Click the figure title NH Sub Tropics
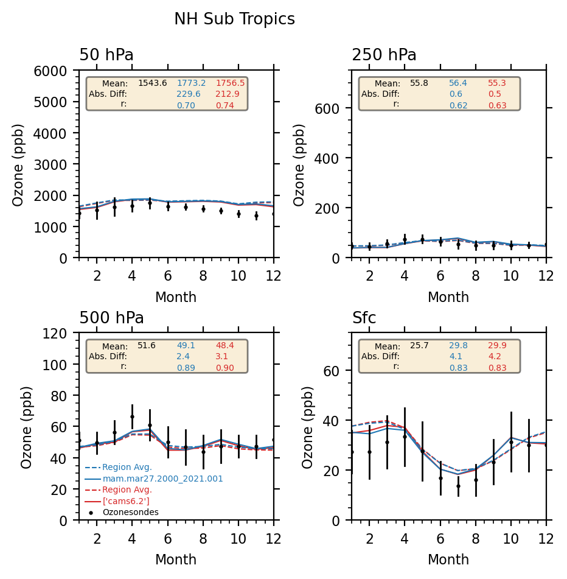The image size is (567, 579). (234, 19)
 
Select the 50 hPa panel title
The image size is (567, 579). (106, 55)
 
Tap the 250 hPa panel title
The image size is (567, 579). (384, 55)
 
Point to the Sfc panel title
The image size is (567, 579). (364, 318)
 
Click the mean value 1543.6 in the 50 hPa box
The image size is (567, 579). (152, 83)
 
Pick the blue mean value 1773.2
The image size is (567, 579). (191, 83)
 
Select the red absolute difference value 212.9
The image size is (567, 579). (227, 94)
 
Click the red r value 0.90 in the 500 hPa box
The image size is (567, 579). (224, 368)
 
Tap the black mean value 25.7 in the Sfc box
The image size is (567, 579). (419, 345)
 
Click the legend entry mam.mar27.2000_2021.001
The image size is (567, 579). (162, 479)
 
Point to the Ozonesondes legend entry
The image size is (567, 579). (130, 512)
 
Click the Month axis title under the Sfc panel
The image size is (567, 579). (448, 560)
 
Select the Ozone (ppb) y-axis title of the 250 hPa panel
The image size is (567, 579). (300, 164)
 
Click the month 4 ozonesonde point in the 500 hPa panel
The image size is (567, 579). (132, 417)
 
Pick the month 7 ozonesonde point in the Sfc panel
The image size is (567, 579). (458, 486)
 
